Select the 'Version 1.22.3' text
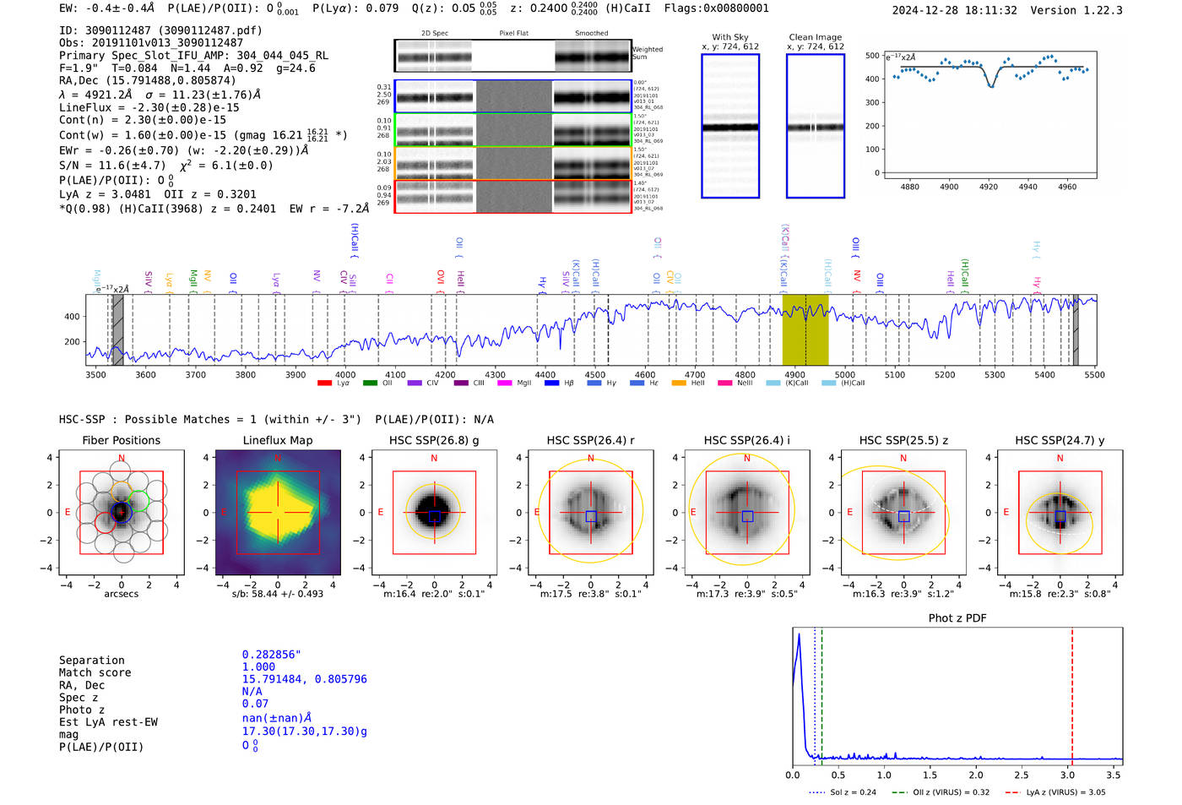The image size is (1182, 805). [x=1076, y=11]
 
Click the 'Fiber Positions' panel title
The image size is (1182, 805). [x=121, y=440]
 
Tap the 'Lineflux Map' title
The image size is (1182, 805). [x=278, y=440]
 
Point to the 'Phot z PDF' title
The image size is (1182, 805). [x=957, y=618]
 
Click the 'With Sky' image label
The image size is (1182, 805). [x=730, y=37]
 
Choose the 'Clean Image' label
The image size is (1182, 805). [x=815, y=37]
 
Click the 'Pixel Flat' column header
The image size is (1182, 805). [x=513, y=34]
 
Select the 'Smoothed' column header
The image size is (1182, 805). [x=591, y=34]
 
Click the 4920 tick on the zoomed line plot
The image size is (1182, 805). [x=989, y=187]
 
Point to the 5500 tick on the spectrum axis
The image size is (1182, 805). [x=1094, y=375]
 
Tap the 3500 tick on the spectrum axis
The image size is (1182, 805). [x=96, y=375]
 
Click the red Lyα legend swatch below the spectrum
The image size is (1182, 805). [x=324, y=383]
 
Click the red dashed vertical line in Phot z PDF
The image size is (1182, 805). [x=1072, y=693]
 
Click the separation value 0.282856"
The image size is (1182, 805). [x=271, y=655]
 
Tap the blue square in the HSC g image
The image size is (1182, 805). [x=434, y=516]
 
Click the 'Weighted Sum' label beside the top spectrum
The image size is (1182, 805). [x=648, y=53]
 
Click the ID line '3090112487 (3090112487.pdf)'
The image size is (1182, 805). [x=160, y=30]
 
